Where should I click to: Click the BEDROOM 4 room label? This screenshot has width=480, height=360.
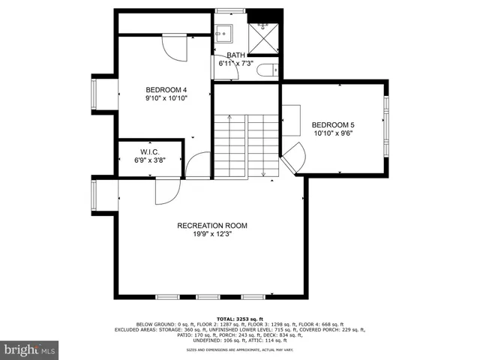pyautogui.click(x=166, y=88)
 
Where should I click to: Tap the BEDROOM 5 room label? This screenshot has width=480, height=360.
pyautogui.click(x=332, y=124)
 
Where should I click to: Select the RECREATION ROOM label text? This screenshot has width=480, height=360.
pyautogui.click(x=211, y=225)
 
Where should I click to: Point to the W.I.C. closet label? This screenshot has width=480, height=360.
pyautogui.click(x=150, y=151)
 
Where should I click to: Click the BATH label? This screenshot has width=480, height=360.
pyautogui.click(x=235, y=55)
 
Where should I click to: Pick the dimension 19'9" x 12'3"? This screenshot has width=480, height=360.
pyautogui.click(x=211, y=234)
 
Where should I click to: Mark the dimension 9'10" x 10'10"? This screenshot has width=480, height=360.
pyautogui.click(x=166, y=97)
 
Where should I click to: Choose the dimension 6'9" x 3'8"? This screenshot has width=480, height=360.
pyautogui.click(x=150, y=160)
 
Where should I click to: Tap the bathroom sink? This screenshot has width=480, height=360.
pyautogui.click(x=223, y=34)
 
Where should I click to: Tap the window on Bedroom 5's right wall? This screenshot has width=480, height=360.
pyautogui.click(x=386, y=124)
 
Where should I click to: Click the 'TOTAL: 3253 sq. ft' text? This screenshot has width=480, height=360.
pyautogui.click(x=239, y=318)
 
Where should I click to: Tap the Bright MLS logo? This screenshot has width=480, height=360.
pyautogui.click(x=30, y=349)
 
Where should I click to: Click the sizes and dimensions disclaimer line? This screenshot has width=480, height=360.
pyautogui.click(x=239, y=349)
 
